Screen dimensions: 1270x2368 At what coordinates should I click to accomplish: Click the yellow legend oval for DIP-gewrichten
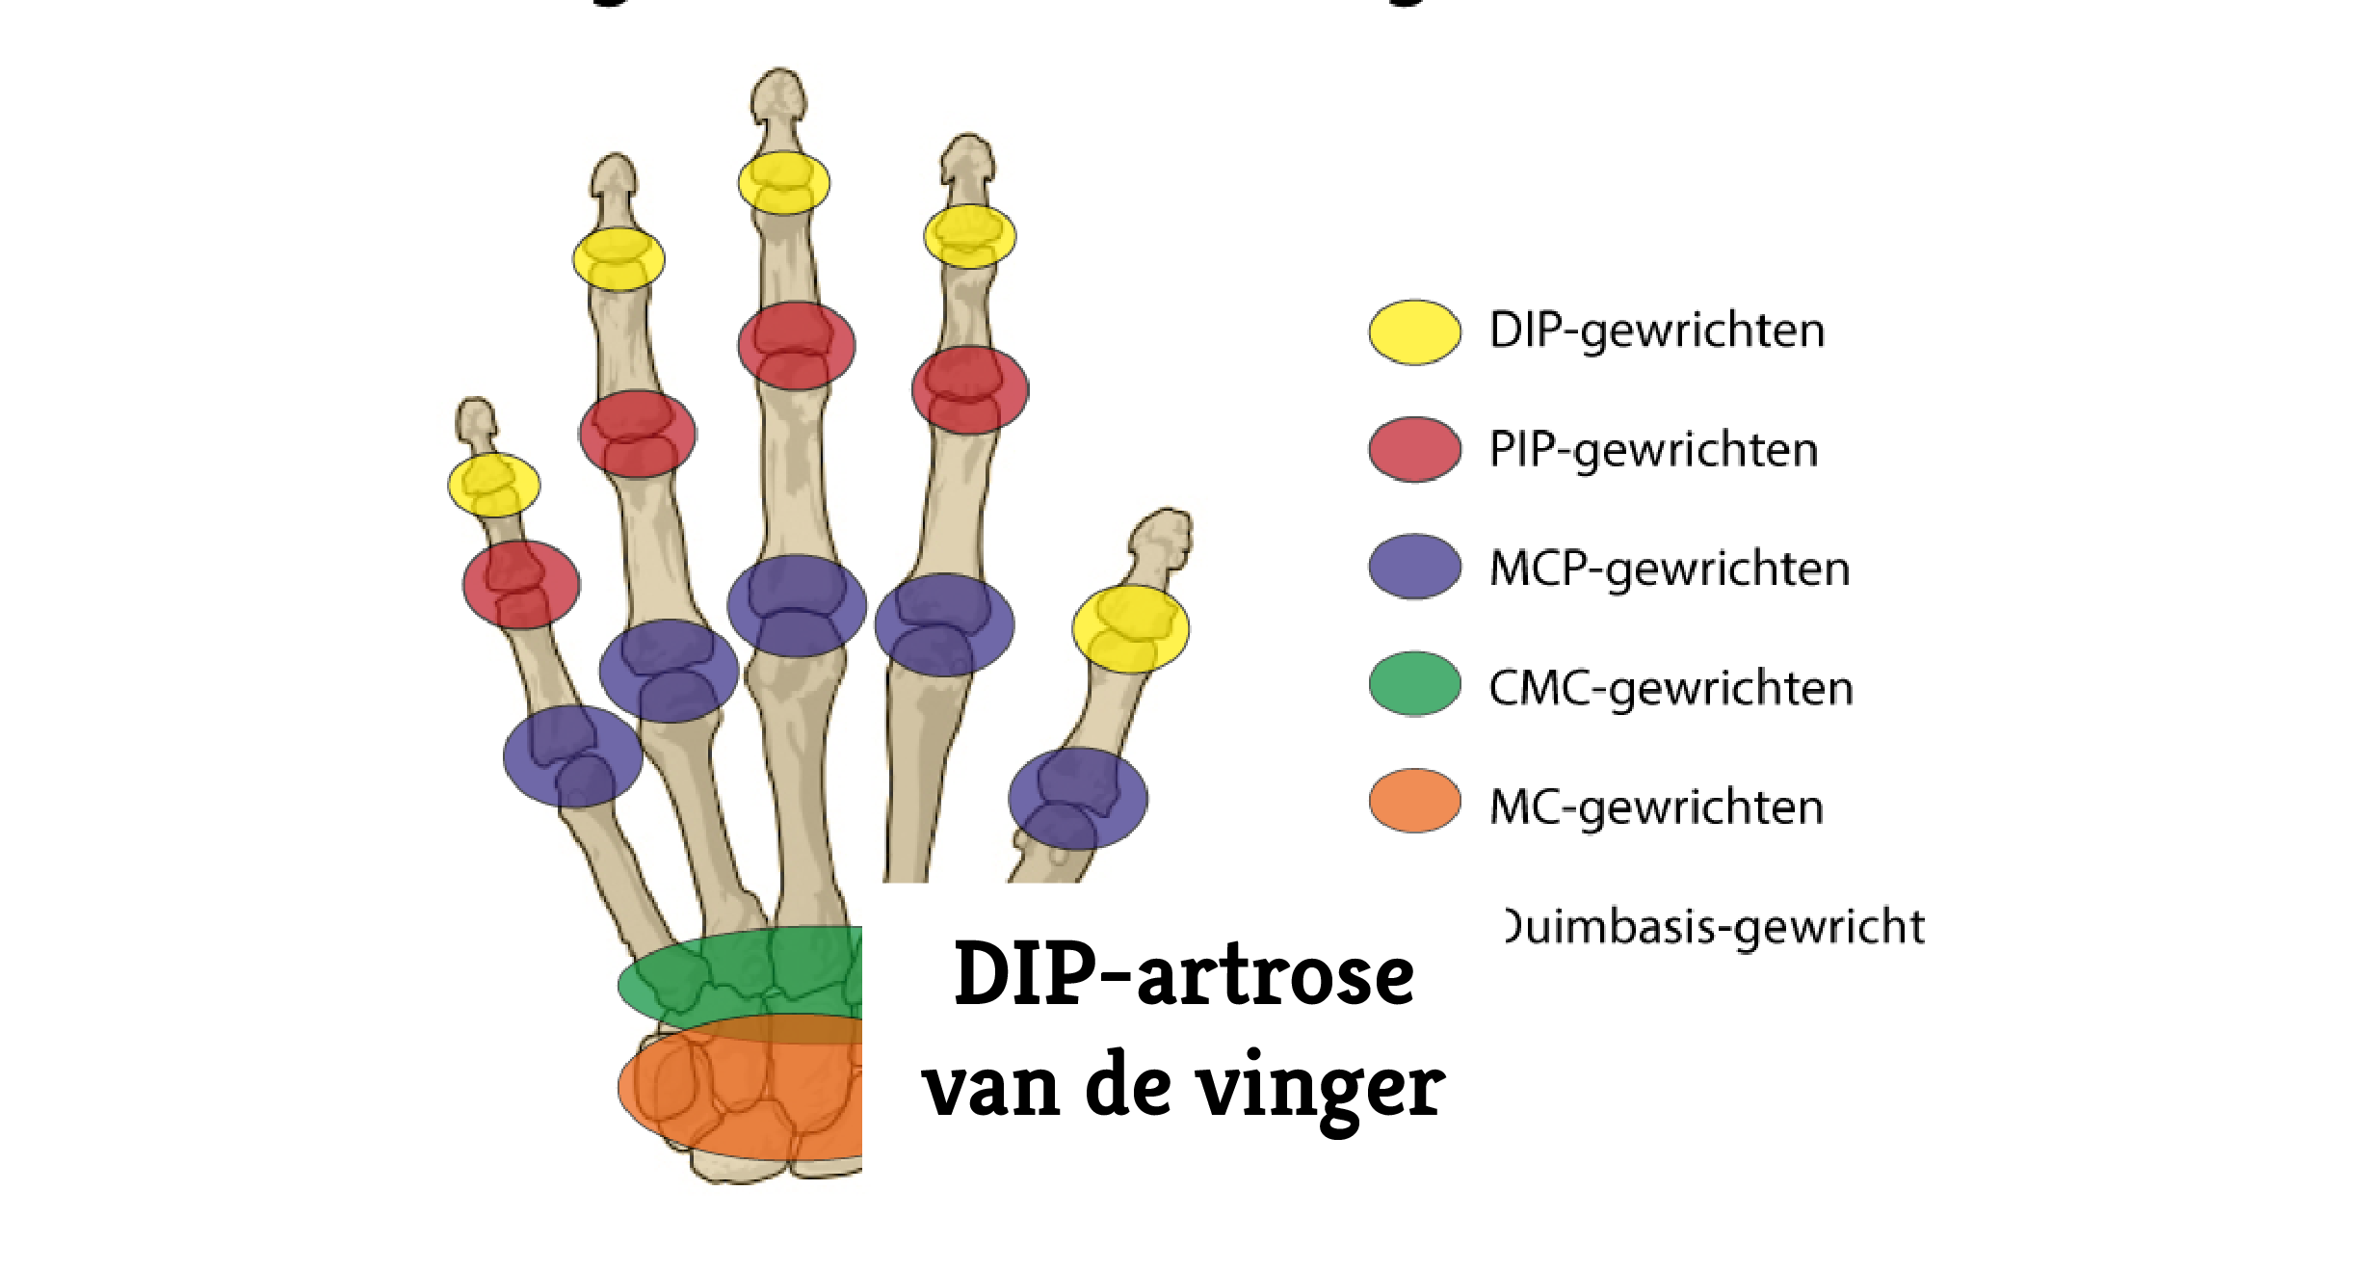click(x=1414, y=332)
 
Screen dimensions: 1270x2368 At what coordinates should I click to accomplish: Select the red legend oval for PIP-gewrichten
click(x=1414, y=450)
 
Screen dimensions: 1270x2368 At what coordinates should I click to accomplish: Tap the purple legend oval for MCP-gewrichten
click(x=1414, y=568)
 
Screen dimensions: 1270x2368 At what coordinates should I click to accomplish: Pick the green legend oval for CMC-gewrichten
click(x=1414, y=684)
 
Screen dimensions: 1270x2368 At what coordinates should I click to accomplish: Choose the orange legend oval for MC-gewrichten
click(x=1414, y=801)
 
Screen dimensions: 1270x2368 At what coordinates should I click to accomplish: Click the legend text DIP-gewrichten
click(x=1656, y=331)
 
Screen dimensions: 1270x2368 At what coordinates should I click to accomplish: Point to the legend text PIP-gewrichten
click(x=1653, y=450)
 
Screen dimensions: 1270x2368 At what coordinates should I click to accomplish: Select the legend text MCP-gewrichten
click(x=1669, y=569)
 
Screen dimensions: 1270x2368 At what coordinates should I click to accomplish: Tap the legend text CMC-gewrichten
click(x=1671, y=688)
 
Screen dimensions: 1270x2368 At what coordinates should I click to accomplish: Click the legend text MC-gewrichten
click(x=1656, y=807)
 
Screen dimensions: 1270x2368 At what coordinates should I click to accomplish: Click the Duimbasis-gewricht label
click(x=1715, y=927)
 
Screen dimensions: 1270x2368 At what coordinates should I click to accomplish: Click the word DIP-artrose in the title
click(x=1184, y=975)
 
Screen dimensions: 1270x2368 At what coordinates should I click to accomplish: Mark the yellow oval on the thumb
click(x=1130, y=629)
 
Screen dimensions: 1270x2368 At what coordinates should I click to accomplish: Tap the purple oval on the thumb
click(x=1078, y=799)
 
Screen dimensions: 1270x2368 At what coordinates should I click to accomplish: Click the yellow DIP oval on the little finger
click(x=493, y=485)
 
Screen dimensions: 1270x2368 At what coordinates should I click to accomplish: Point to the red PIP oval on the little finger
click(x=521, y=585)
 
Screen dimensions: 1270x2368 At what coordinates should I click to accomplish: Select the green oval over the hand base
click(x=742, y=975)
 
